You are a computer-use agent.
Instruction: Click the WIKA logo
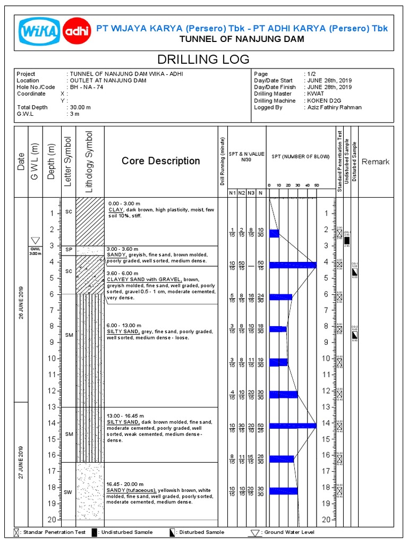point(39,31)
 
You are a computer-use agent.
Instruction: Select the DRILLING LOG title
point(204,59)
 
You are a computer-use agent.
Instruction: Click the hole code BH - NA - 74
point(89,87)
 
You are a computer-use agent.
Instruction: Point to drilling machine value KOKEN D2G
point(324,100)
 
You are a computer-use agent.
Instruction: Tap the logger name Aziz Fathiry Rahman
point(334,107)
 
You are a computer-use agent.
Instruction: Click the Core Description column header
point(160,161)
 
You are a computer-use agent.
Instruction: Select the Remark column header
point(375,161)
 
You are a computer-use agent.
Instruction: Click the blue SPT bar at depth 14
point(293,426)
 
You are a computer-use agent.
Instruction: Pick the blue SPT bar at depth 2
point(274,234)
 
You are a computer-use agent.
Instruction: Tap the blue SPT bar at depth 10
point(278,362)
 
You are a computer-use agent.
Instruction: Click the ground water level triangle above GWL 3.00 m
point(36,241)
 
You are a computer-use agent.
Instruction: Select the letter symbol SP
point(69,249)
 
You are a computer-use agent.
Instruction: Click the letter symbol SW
point(68,492)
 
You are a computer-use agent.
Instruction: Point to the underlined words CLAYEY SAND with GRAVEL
point(144,279)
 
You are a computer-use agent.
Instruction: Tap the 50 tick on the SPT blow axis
point(316,185)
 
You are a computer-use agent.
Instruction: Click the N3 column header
point(251,192)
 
